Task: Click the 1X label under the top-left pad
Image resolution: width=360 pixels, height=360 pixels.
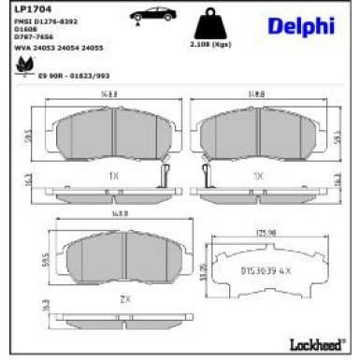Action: [x=112, y=176]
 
